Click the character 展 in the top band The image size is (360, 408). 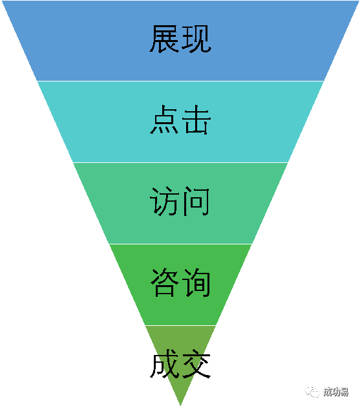(x=164, y=39)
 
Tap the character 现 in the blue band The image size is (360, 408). (x=196, y=39)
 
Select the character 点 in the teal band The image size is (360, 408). (x=164, y=120)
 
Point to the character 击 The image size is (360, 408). (x=196, y=120)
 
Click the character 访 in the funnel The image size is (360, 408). (x=164, y=201)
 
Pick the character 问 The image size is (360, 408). (x=196, y=201)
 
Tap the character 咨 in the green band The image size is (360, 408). (x=165, y=283)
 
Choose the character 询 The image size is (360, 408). (x=196, y=283)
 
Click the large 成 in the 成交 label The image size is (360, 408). (x=164, y=364)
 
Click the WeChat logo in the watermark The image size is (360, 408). (x=312, y=392)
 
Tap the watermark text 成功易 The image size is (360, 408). (x=336, y=392)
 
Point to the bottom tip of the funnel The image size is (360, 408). (x=180, y=405)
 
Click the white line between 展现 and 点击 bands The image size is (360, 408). (x=180, y=81)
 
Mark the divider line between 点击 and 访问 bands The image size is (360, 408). (x=180, y=162)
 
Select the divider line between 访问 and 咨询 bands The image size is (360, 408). (x=180, y=244)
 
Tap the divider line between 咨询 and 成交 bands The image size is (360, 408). (x=180, y=325)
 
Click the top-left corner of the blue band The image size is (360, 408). (x=1, y=1)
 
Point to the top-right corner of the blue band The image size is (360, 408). (x=359, y=1)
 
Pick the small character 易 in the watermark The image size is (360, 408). (x=344, y=392)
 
